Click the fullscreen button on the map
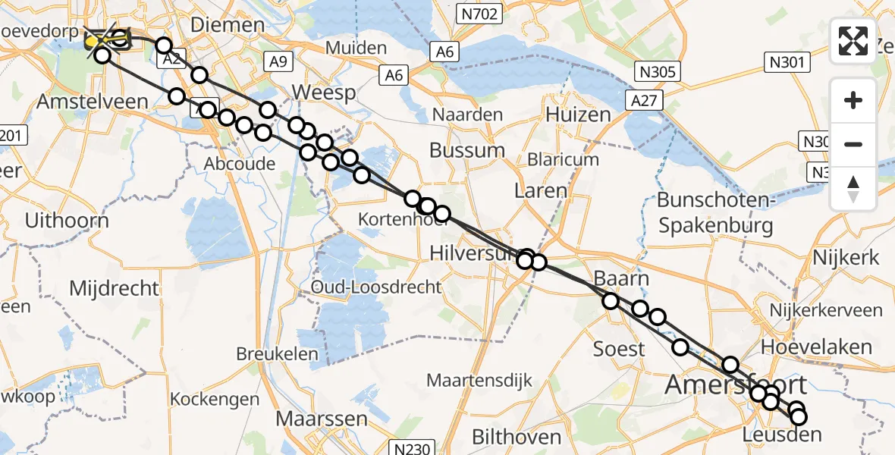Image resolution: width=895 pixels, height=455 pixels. pos(853,40)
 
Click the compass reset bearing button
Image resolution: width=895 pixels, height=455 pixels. pos(853,189)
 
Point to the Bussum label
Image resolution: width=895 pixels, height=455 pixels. pos(466,150)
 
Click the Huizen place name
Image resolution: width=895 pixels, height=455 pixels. pos(578,115)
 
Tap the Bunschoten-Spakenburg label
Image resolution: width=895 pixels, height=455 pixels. pos(715,213)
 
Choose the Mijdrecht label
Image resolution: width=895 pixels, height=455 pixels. pos(114,288)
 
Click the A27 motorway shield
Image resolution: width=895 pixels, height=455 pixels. pos(642,100)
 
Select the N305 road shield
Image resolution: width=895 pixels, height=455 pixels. pos(658,72)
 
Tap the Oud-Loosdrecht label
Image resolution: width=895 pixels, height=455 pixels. pos(376,287)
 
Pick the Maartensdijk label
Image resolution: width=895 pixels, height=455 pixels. pos(479,380)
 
